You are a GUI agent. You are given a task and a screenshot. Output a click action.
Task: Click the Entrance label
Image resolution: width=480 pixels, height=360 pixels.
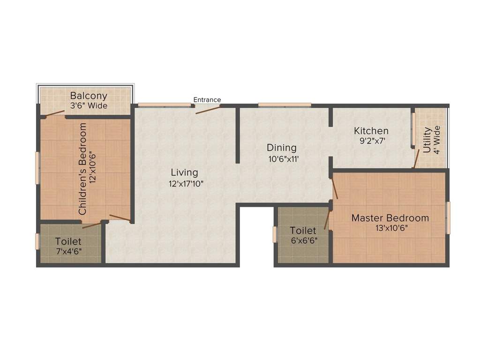click(207, 100)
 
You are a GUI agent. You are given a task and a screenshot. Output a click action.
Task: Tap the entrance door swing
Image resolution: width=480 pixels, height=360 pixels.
click(208, 109)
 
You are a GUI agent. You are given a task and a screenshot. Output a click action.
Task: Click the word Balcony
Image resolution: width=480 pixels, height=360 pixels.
click(89, 97)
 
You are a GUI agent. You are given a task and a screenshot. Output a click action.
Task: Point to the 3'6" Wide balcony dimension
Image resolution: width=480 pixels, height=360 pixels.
click(89, 106)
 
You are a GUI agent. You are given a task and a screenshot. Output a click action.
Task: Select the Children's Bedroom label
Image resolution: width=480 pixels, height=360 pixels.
click(83, 169)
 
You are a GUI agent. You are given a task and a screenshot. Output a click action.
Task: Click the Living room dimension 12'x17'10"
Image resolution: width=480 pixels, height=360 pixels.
click(186, 184)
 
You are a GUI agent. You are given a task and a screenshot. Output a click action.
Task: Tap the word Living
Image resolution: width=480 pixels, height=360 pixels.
click(184, 172)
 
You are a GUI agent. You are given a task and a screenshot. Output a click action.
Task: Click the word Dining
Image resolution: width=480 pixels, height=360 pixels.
click(282, 148)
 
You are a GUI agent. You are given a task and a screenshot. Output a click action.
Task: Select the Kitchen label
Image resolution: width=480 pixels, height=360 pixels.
click(371, 131)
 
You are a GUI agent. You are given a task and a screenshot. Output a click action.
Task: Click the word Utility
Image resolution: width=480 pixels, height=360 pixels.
click(427, 140)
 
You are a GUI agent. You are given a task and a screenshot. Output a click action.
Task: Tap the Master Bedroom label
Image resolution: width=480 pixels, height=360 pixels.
click(390, 218)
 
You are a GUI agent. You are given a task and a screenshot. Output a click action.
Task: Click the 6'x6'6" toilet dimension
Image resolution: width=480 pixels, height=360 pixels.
click(303, 241)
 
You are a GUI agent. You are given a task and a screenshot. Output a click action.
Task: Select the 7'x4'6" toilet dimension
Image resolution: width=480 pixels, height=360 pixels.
click(68, 252)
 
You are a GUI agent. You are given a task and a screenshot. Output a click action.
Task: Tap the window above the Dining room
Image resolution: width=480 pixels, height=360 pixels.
click(285, 105)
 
